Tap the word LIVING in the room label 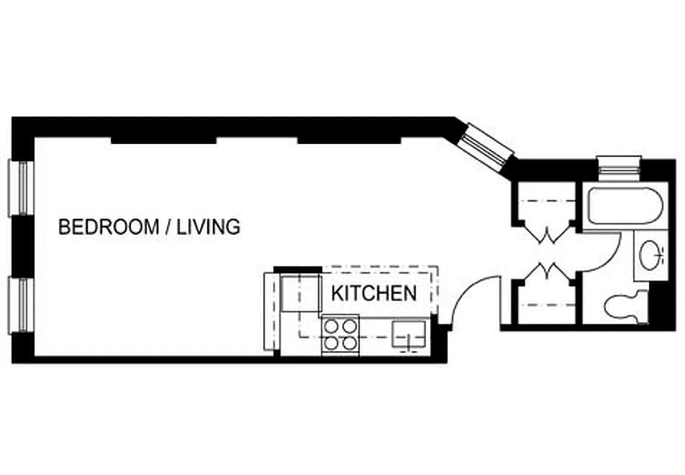(x=208, y=227)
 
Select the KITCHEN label (x=373, y=293)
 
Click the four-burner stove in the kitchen (x=340, y=334)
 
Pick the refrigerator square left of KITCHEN (x=301, y=293)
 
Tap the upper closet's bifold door (x=547, y=236)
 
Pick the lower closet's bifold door (x=547, y=270)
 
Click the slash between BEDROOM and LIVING (x=168, y=227)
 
